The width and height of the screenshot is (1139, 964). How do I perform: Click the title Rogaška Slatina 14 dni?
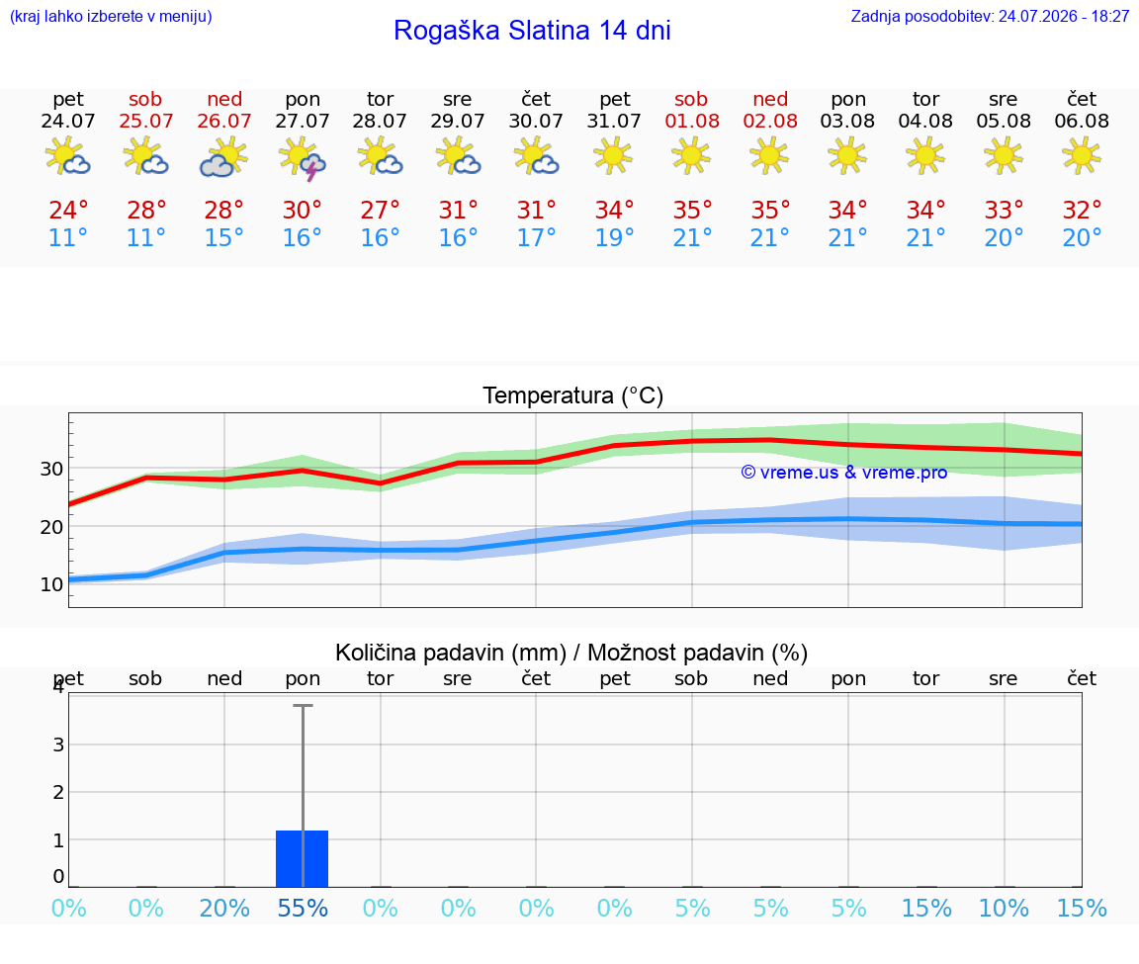tap(532, 31)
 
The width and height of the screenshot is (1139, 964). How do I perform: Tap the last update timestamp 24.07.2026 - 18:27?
tap(1064, 16)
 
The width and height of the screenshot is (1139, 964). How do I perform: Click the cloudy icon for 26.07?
tap(223, 157)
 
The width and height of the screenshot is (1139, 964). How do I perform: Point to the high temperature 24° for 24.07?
tap(68, 210)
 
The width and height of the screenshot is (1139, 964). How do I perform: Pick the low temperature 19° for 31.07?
tap(615, 237)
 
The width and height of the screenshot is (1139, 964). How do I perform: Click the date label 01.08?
tap(692, 121)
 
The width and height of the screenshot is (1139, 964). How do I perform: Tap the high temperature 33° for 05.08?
tap(1004, 210)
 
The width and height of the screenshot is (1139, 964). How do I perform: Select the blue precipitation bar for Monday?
tap(303, 858)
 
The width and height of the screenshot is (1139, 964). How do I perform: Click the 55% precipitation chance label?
tap(303, 908)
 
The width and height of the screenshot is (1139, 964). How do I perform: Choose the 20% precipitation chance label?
tap(224, 908)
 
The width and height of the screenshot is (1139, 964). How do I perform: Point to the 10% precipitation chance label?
tap(1004, 908)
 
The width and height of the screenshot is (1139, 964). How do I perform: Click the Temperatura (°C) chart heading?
tap(573, 395)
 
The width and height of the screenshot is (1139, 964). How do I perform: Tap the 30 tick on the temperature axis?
tap(51, 470)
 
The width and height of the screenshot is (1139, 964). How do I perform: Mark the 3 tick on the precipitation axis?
tap(59, 745)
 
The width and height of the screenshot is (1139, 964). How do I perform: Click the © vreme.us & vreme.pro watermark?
tap(844, 473)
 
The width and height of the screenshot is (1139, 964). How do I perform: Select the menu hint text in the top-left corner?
tap(111, 16)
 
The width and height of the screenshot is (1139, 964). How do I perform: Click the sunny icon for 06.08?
tap(1082, 155)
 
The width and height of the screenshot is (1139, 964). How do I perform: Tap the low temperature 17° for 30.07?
tap(536, 237)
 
